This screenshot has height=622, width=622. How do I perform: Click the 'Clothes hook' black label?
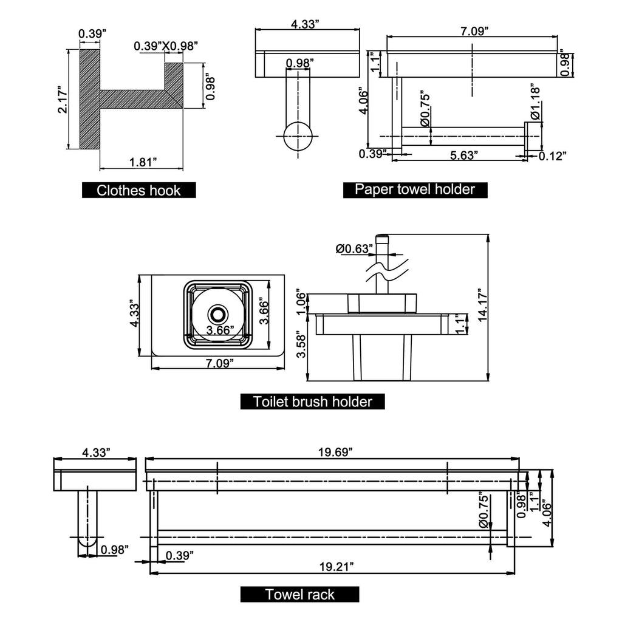(139, 190)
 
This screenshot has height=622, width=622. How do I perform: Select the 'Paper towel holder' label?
(415, 189)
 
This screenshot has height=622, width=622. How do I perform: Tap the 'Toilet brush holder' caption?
(313, 402)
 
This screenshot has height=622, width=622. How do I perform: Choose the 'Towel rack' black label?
(299, 594)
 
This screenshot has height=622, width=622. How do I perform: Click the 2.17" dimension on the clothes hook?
(63, 99)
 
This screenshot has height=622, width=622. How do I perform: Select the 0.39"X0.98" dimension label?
(166, 46)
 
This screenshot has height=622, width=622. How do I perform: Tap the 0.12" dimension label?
(552, 156)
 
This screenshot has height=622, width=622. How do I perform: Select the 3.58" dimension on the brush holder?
(302, 344)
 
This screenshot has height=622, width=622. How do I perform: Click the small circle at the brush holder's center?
(217, 314)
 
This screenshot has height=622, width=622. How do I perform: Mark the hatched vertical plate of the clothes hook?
(90, 99)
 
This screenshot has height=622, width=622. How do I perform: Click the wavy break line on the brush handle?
(385, 269)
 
